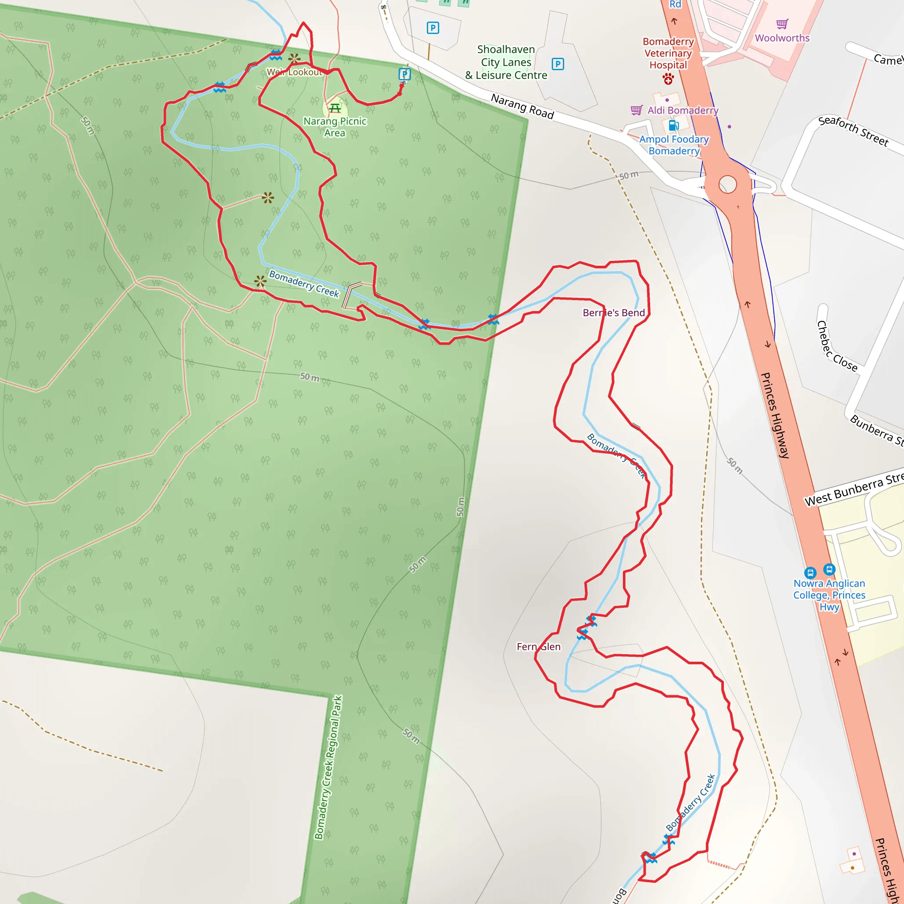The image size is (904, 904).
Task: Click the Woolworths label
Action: (782, 38)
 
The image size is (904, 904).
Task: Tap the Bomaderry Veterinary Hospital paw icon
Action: (668, 79)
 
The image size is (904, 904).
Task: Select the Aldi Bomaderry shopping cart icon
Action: (637, 110)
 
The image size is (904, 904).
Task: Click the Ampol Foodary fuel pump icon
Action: (674, 125)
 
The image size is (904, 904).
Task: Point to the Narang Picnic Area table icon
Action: (335, 109)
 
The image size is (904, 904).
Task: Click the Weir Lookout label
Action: (294, 72)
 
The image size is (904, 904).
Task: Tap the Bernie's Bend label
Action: (614, 313)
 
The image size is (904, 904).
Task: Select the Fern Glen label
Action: (538, 647)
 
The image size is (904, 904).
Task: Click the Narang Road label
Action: (522, 106)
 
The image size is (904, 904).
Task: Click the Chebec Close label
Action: (836, 347)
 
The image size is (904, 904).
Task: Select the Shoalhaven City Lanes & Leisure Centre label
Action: (506, 62)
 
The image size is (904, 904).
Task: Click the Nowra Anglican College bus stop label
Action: (829, 595)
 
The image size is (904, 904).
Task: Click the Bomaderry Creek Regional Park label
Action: (328, 767)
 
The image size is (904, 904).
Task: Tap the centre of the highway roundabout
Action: (727, 185)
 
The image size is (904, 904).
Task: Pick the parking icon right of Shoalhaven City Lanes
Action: (558, 64)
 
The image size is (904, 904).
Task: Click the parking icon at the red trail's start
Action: (405, 74)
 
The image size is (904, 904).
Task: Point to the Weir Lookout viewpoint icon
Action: (294, 59)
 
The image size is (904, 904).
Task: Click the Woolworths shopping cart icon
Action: (782, 23)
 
